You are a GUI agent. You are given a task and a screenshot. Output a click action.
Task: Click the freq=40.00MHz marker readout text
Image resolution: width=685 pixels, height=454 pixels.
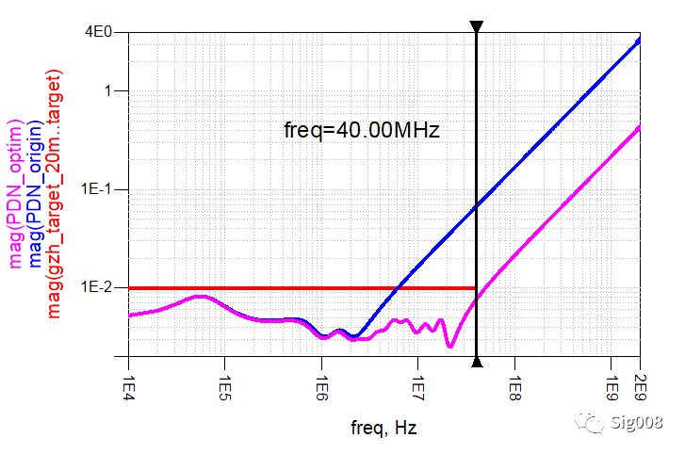click(x=362, y=131)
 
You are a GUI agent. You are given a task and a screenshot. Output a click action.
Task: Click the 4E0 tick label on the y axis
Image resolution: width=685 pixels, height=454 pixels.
click(x=100, y=31)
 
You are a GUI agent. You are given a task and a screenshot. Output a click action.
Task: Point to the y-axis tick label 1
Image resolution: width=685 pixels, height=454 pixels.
click(x=109, y=91)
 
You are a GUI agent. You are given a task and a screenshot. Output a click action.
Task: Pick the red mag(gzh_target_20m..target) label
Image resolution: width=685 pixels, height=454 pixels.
click(x=54, y=194)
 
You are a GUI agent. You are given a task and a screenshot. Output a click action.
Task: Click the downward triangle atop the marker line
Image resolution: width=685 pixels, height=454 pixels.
click(x=477, y=27)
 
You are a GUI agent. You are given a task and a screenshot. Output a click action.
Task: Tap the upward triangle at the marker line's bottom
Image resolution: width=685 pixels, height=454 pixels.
click(x=477, y=362)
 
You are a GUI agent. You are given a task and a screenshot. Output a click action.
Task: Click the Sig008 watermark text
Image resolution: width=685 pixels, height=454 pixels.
click(x=637, y=423)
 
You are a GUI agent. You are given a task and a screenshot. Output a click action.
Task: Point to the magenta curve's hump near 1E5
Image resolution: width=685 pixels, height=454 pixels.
click(x=200, y=297)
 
